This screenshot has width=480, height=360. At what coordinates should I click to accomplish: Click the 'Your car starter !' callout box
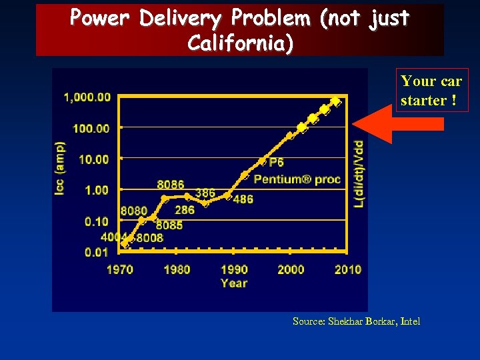[x=431, y=90]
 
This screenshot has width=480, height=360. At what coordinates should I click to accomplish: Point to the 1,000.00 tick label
[x=87, y=97]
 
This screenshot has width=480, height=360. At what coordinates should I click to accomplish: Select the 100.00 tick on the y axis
[x=91, y=128]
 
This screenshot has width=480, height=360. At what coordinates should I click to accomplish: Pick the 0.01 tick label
[x=97, y=252]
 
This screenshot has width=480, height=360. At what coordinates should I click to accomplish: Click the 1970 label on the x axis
[x=119, y=270]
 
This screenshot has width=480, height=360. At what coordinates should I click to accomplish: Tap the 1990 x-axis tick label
[x=233, y=270]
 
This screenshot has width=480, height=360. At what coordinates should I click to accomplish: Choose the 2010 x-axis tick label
[x=347, y=270]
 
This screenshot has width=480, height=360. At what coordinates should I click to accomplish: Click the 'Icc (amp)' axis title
[x=61, y=168]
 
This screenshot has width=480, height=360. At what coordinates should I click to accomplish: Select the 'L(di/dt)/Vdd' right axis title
[x=359, y=173]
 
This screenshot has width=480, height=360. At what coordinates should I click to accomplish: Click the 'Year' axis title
[x=233, y=283]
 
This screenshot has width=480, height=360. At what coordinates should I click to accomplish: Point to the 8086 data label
[x=171, y=185]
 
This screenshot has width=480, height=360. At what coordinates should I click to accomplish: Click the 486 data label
[x=243, y=199]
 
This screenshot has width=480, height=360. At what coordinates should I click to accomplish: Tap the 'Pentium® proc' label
[x=297, y=179]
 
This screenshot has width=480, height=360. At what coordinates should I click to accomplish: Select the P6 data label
[x=276, y=163]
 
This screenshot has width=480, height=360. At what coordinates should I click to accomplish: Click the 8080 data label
[x=133, y=211]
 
